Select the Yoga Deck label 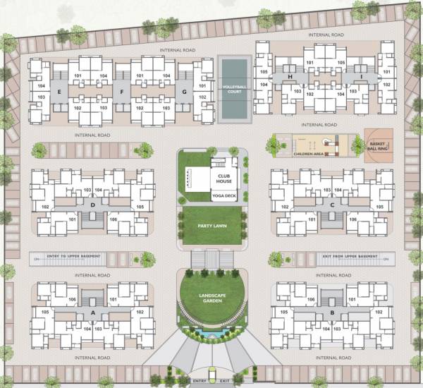coord(224,195)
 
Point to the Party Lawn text coord(211,226)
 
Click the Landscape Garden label coord(211,298)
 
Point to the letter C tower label coord(331,205)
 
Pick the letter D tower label coord(92,205)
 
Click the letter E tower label coord(60,92)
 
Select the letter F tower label coord(122,92)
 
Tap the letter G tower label coord(184,92)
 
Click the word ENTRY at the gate coord(198,381)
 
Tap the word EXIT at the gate coord(225,381)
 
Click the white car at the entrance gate coord(211,372)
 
